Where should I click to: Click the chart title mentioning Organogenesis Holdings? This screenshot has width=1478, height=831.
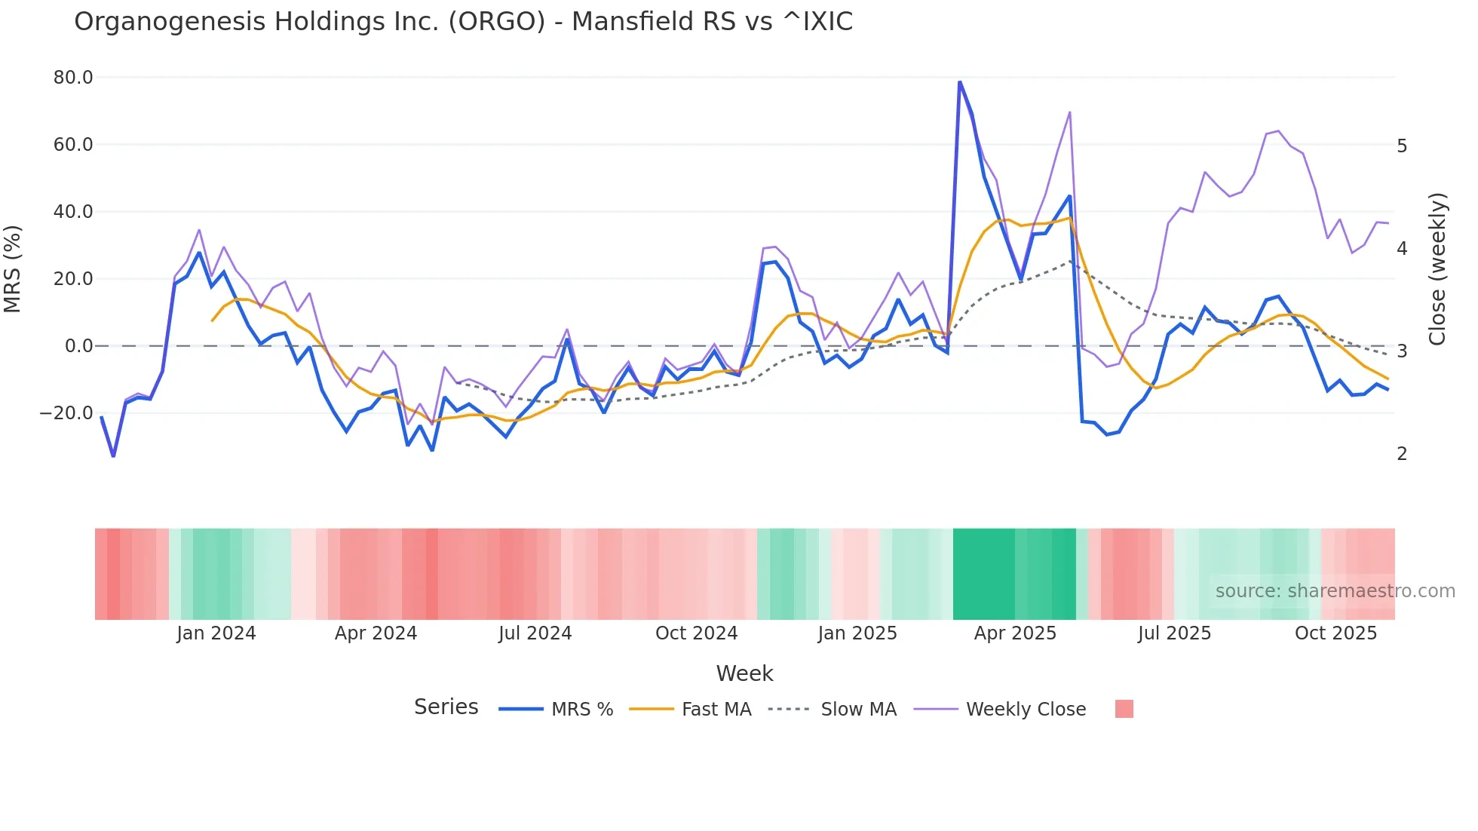point(463,22)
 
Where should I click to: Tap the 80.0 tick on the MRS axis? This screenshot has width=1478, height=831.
point(73,78)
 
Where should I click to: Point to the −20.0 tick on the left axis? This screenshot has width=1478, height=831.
point(66,413)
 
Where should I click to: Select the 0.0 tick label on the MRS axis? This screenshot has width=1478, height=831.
point(78,346)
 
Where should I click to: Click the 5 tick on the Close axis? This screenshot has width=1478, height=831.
point(1402,146)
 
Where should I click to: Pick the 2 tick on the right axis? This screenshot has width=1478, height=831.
point(1402,453)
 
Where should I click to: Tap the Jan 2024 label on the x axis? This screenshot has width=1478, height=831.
point(216,633)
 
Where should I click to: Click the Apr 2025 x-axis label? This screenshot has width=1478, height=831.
point(1015,633)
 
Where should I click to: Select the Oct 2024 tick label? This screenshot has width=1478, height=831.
point(696,633)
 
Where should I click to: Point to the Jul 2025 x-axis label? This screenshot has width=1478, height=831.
point(1174,633)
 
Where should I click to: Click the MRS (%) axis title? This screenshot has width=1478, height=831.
point(13,269)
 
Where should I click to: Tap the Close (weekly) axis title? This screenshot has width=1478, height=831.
point(1437,269)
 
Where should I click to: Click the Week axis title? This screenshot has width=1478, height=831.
point(744,673)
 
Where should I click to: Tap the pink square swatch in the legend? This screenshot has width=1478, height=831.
point(1124,709)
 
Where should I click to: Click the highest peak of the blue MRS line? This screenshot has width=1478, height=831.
point(959,81)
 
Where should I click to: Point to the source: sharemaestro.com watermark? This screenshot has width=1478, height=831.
point(1335,591)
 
